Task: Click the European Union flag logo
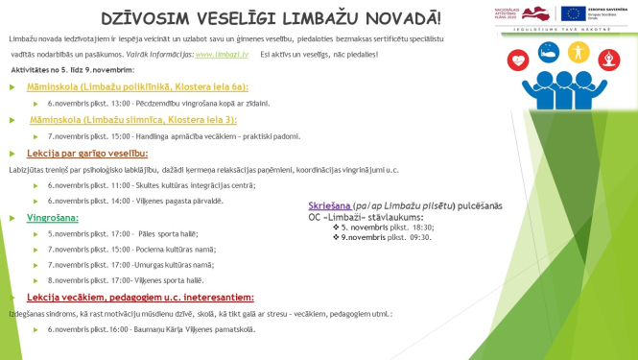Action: coord(573,12)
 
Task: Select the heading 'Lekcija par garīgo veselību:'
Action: coord(86,154)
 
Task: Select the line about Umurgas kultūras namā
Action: coord(130,264)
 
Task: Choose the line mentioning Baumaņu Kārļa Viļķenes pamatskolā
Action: coord(152,329)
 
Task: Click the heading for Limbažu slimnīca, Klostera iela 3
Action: coord(132,120)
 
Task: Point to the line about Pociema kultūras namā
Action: coord(131,249)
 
